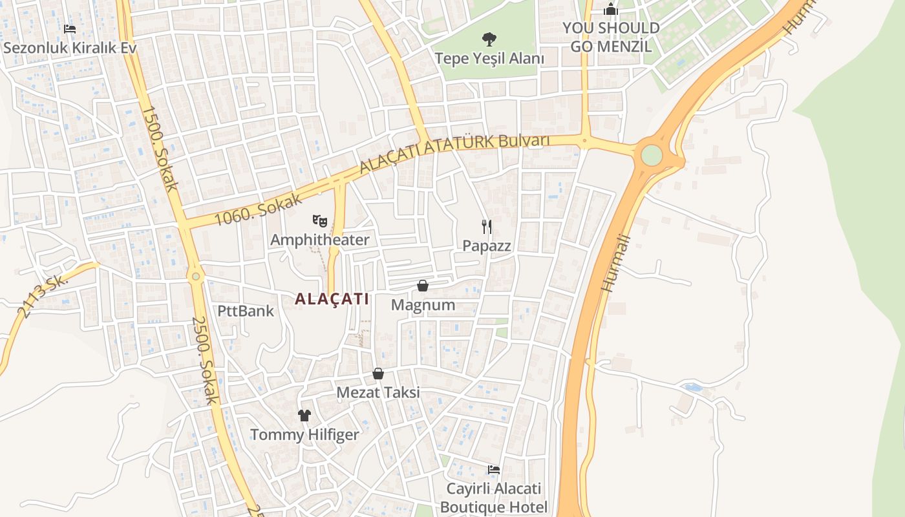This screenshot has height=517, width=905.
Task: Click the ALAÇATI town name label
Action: [x=332, y=299]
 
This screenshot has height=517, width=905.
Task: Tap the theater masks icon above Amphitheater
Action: [x=319, y=221]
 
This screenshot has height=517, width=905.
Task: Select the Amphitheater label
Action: [x=319, y=240]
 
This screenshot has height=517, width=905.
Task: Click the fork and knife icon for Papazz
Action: [x=487, y=226]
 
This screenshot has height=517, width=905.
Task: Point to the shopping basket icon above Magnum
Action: [x=423, y=285]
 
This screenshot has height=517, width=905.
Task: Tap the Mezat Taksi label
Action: [x=378, y=392]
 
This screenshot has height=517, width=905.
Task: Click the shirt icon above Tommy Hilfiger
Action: [x=304, y=415]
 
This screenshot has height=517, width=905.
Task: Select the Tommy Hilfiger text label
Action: [x=304, y=434]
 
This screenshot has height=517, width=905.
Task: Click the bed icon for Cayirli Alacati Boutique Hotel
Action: [x=494, y=469]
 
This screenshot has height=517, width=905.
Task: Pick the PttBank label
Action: [x=246, y=311]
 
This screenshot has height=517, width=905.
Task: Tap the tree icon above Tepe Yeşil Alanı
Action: [x=489, y=39]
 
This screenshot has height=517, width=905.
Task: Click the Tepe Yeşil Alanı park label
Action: [x=489, y=58]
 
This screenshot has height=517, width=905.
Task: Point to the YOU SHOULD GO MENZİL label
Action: [x=611, y=37]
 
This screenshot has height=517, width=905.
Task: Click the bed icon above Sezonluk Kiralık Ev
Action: [x=70, y=29]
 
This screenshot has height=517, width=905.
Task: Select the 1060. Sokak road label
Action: [x=259, y=208]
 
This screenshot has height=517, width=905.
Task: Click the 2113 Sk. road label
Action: [x=43, y=296]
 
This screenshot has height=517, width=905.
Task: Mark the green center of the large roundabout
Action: [x=652, y=155]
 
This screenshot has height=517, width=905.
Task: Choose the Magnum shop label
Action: [x=423, y=304]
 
